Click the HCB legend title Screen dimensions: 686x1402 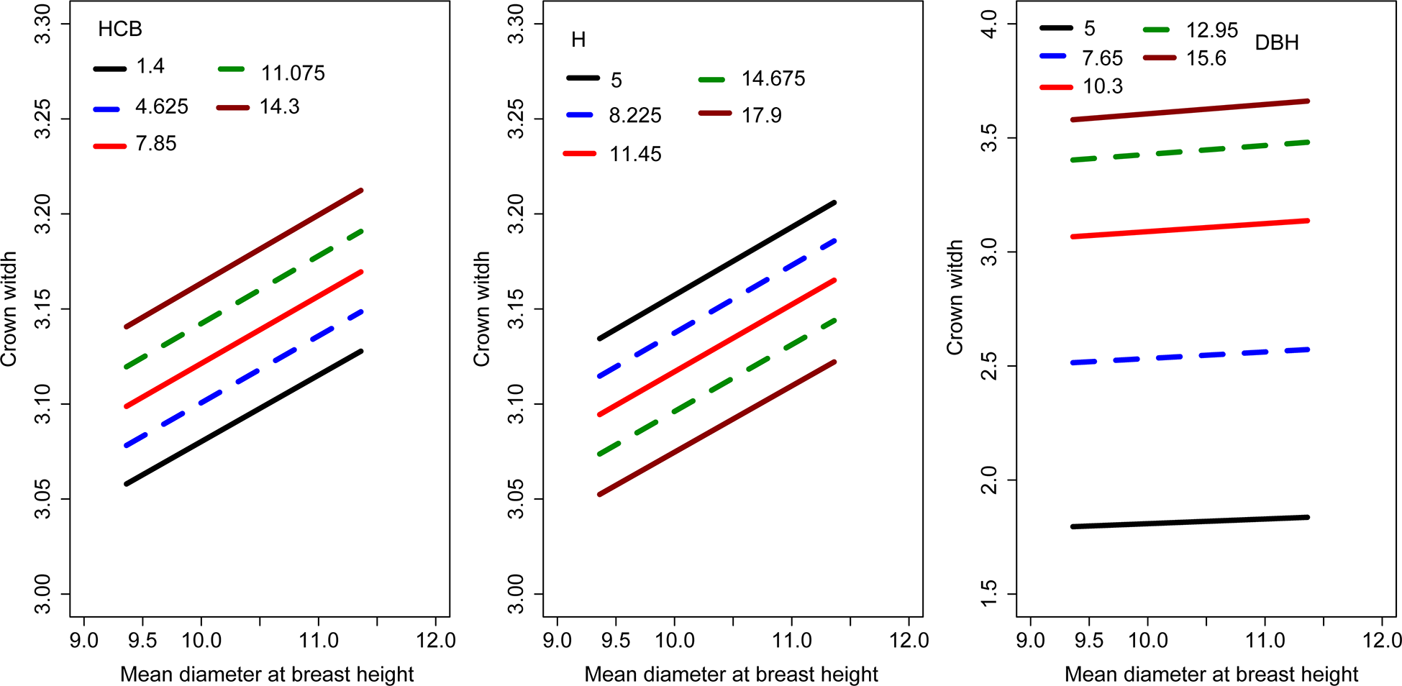(x=120, y=29)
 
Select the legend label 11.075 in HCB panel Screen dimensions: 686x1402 (x=293, y=73)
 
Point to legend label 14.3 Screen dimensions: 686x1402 (x=279, y=107)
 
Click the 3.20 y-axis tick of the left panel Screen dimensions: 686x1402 (x=43, y=214)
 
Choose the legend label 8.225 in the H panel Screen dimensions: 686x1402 (x=634, y=116)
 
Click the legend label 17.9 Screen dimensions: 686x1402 (x=761, y=116)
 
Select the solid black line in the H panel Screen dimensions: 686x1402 (x=717, y=270)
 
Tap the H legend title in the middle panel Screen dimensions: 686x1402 (x=578, y=40)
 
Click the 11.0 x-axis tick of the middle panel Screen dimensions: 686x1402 (x=791, y=640)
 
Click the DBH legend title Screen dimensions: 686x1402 (x=1276, y=43)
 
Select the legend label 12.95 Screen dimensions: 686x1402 (x=1211, y=30)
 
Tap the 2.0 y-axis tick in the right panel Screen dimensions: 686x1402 (x=990, y=480)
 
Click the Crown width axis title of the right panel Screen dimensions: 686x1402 (x=955, y=297)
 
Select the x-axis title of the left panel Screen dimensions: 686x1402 (x=267, y=674)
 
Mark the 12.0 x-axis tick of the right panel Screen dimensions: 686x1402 (x=1382, y=640)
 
